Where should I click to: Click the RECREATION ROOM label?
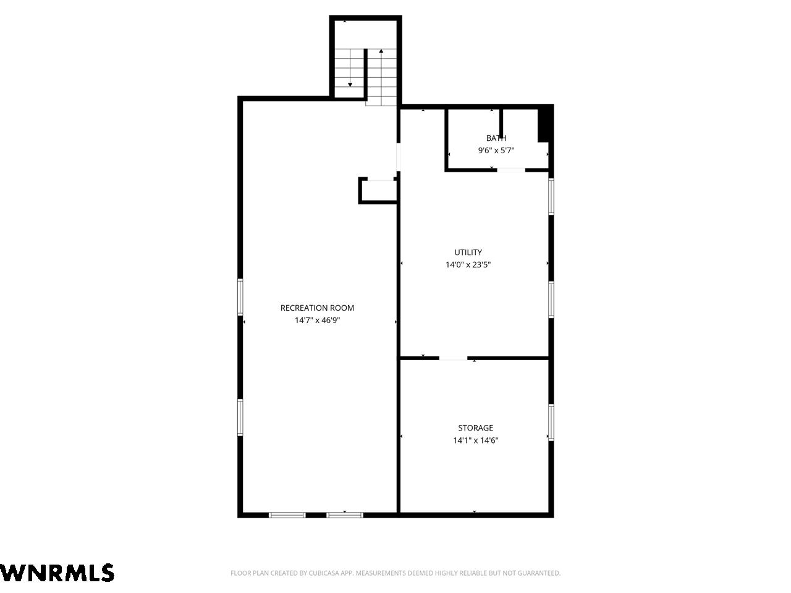point(317,308)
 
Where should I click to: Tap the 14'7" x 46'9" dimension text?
point(317,320)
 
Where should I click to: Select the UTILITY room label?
point(468,253)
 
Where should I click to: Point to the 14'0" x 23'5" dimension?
point(468,264)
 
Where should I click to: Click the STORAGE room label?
point(475,427)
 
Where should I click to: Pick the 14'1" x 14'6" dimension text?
point(475,440)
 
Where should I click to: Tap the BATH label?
point(496,138)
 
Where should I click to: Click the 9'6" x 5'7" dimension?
point(496,150)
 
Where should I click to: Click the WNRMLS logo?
point(57,573)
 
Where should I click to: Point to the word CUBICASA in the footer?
point(323,573)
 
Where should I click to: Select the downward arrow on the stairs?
point(350,68)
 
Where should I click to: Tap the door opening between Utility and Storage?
point(453,358)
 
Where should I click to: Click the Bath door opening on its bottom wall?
point(511,170)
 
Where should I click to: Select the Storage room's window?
point(551,422)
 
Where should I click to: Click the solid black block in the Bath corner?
point(545,124)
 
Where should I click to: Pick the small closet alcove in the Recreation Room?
point(378,190)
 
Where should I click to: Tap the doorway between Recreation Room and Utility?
point(398,157)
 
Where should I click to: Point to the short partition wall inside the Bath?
point(501,124)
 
